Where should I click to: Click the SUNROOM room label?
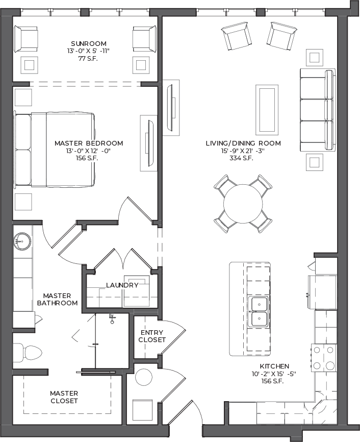(x=89, y=44)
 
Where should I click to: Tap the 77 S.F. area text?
(x=88, y=59)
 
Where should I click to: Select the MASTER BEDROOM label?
(x=89, y=143)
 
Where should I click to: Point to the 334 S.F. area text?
(x=241, y=158)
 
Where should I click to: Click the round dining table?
(x=243, y=204)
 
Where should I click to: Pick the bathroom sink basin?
(x=22, y=241)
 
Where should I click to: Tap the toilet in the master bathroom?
(x=28, y=352)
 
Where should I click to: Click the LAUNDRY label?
(x=122, y=285)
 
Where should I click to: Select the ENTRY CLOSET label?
(x=152, y=336)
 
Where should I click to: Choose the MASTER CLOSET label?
(x=64, y=397)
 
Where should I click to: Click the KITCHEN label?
(x=274, y=366)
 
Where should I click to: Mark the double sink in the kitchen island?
(x=259, y=311)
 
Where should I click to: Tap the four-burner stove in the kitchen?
(x=324, y=358)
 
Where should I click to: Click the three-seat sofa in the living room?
(x=318, y=110)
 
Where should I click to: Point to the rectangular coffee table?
(x=267, y=110)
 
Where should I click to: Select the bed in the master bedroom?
(x=55, y=150)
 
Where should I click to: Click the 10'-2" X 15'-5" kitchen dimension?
(x=274, y=374)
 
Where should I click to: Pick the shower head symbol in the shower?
(x=112, y=318)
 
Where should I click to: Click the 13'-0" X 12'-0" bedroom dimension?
(x=88, y=151)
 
